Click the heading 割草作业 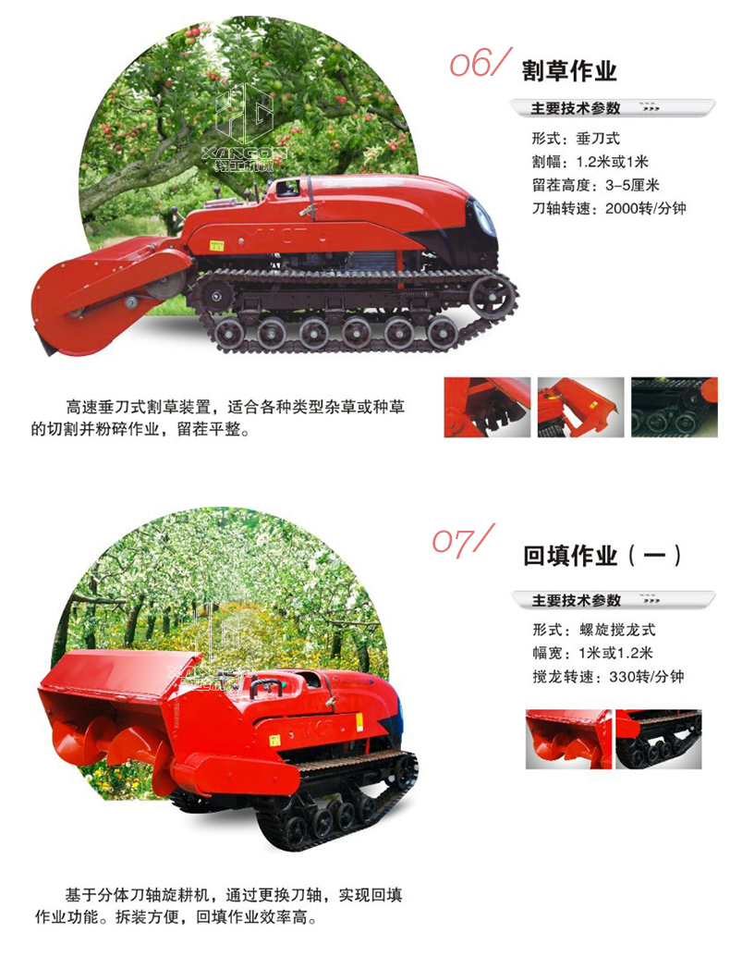pyautogui.click(x=569, y=71)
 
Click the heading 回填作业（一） pyautogui.click(x=602, y=556)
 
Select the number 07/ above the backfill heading pyautogui.click(x=463, y=539)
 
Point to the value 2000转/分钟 pyautogui.click(x=646, y=209)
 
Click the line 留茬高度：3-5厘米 pyautogui.click(x=596, y=185)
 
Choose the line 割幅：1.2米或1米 pyautogui.click(x=590, y=162)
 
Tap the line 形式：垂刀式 pyautogui.click(x=576, y=139)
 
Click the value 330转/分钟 pyautogui.click(x=647, y=677)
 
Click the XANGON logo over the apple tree pyautogui.click(x=243, y=129)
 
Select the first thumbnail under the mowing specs pyautogui.click(x=487, y=407)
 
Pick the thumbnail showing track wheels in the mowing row pyautogui.click(x=674, y=407)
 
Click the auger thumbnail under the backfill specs pyautogui.click(x=568, y=739)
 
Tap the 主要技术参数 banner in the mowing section pyautogui.click(x=613, y=108)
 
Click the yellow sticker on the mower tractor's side pyautogui.click(x=216, y=245)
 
